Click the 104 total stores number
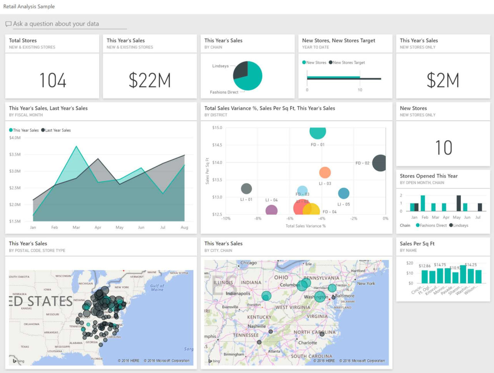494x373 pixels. tap(53, 80)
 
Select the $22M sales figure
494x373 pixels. tap(150, 80)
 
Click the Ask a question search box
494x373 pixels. tap(65, 24)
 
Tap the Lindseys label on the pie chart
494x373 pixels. tap(220, 66)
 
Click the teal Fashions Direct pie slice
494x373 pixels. tap(251, 79)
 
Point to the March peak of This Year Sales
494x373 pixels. tap(77, 147)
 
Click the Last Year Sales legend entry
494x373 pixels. tap(56, 130)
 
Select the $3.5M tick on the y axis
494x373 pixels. tap(15, 155)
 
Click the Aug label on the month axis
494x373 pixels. tap(185, 228)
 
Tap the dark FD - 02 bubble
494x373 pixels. tap(379, 163)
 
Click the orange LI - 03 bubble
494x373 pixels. tap(325, 173)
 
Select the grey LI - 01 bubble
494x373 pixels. tap(246, 188)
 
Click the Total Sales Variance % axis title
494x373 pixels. tap(305, 226)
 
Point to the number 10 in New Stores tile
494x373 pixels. tap(443, 148)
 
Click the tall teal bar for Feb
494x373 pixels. tap(423, 203)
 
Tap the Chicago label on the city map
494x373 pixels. tap(248, 263)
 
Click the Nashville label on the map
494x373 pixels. tap(256, 326)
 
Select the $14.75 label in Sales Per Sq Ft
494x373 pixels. tap(440, 265)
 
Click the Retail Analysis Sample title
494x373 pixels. tap(29, 7)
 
